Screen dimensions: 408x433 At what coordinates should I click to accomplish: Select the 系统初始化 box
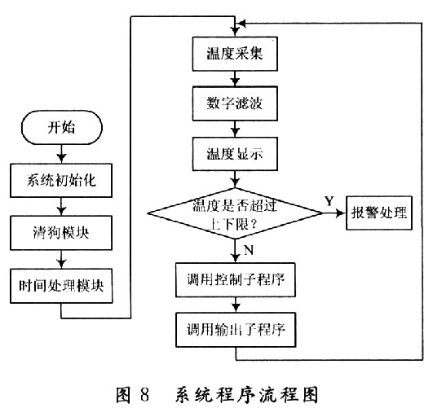pos(62,178)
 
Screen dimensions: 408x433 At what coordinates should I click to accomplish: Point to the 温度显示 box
pos(236,151)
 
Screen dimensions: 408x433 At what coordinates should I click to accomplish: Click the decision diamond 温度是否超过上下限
pos(235,213)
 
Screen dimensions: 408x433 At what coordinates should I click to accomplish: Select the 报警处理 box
pos(379,213)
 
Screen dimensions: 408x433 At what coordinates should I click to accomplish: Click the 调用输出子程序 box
pos(236,329)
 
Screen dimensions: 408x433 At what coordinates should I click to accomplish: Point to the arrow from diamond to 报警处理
pos(334,213)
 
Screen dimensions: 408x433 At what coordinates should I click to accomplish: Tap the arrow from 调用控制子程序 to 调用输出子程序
pos(236,305)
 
